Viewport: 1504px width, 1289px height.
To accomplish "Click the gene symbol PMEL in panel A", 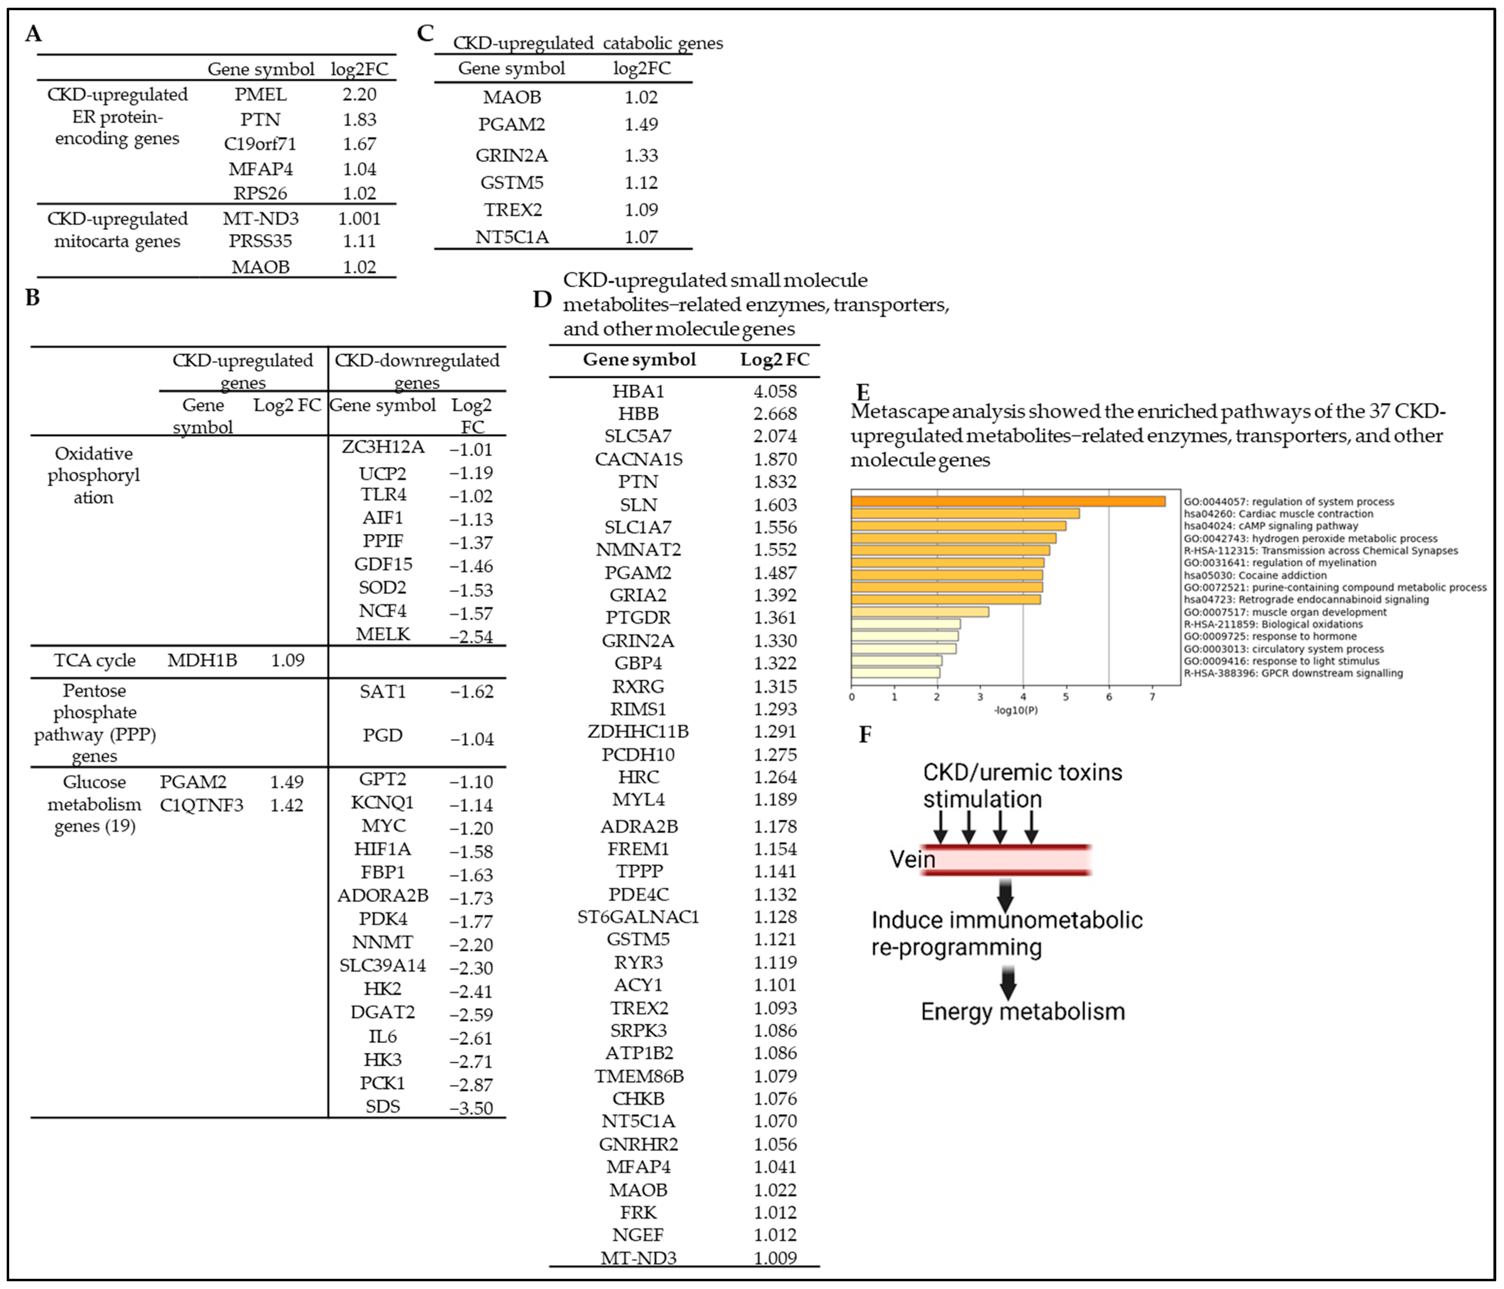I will click(261, 94).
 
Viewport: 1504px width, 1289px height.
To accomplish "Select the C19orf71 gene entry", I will click(261, 144).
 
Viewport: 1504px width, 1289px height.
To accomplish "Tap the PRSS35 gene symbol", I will click(261, 241).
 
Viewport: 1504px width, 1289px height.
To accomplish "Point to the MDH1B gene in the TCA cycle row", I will click(202, 661).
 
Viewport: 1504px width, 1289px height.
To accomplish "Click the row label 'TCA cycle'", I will click(94, 661).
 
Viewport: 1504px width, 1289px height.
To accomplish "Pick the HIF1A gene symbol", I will click(382, 849).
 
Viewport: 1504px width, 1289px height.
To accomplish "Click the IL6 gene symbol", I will click(382, 1037).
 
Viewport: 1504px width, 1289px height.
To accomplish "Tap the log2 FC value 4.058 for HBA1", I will click(775, 391).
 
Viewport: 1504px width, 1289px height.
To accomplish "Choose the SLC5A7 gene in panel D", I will click(639, 436).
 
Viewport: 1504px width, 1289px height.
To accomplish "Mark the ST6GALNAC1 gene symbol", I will click(639, 917).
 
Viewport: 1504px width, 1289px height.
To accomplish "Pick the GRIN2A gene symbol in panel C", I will click(512, 155).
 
